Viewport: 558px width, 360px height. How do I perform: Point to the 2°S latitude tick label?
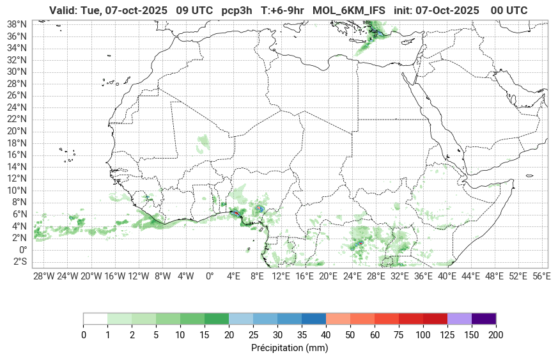[20, 262]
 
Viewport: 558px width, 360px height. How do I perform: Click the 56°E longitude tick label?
[542, 276]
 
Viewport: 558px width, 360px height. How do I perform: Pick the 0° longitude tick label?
[210, 276]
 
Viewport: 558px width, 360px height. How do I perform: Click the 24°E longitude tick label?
[352, 276]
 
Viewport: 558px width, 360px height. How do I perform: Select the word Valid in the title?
[62, 11]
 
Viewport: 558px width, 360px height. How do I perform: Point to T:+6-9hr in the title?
[283, 11]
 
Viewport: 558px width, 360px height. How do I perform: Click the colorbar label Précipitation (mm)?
[290, 348]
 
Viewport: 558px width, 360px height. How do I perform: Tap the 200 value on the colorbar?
[496, 334]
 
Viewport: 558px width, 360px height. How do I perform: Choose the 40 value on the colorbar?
[326, 334]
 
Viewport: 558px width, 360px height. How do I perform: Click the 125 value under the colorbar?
[447, 334]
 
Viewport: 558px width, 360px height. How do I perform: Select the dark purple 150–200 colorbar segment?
[484, 318]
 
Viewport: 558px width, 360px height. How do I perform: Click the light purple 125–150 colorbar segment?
[460, 318]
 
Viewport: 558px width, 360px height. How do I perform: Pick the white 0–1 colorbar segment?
[95, 318]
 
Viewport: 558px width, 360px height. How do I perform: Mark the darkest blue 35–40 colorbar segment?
[314, 318]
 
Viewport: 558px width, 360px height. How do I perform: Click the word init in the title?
[403, 11]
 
